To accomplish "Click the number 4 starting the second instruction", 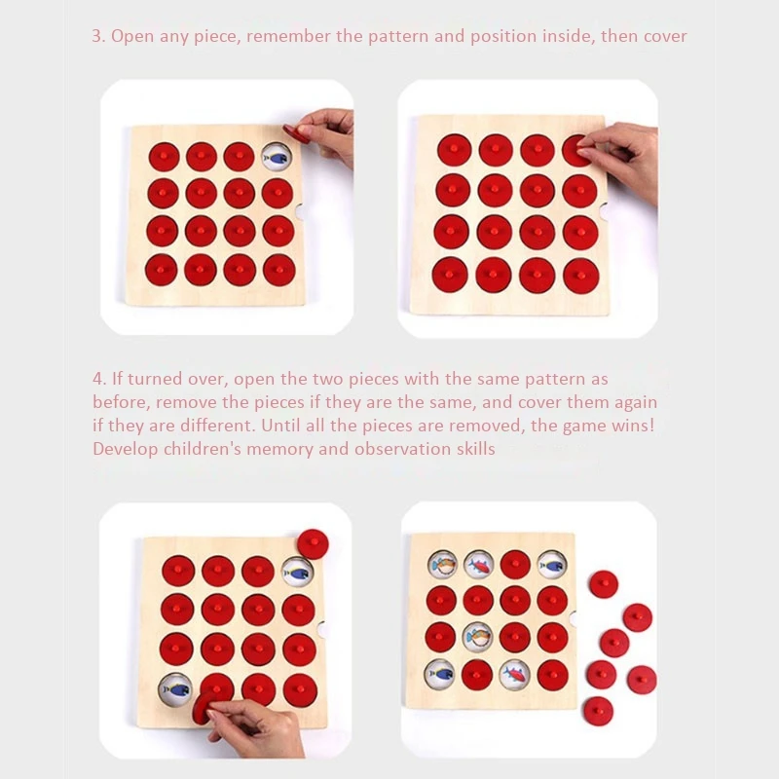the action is [x=98, y=379].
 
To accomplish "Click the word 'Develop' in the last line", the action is [x=126, y=450].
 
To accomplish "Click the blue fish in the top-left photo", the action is [x=276, y=159].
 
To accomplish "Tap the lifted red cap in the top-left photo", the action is [x=296, y=131].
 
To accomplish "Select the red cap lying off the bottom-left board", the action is [x=313, y=544].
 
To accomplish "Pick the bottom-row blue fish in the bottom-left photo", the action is [x=176, y=689].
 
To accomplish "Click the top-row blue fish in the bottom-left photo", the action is [x=297, y=573].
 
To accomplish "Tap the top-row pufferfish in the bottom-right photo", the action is [x=443, y=565].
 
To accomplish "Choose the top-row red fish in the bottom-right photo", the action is [x=478, y=565].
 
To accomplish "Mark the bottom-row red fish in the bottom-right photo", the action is [x=514, y=675].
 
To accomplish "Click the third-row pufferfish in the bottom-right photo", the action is [x=477, y=637].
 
